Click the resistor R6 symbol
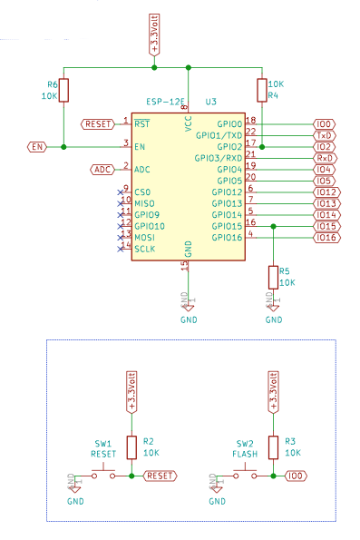64,89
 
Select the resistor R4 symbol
262,89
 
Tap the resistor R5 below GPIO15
273,277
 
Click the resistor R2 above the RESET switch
132,446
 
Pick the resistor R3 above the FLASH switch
273,446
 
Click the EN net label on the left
36,146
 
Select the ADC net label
103,169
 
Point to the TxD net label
324,134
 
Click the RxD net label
324,158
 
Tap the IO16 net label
326,238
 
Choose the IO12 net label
326,192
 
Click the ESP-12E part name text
163,102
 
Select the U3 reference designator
211,102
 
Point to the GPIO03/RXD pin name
219,158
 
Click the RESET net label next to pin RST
98,123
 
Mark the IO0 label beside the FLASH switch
295,475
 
